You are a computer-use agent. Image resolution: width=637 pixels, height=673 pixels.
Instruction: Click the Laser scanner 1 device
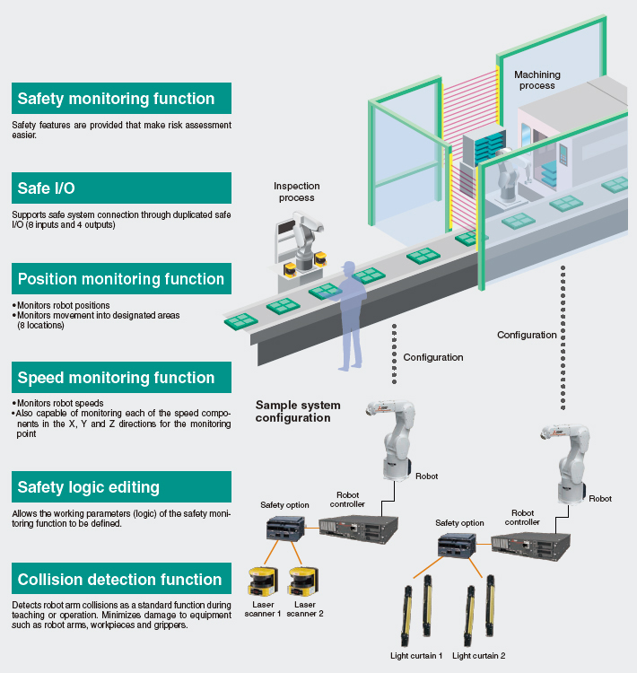[x=265, y=581]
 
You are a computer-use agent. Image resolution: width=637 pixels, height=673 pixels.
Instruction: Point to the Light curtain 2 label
[x=479, y=656]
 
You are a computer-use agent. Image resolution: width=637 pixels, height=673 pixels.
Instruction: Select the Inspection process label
[x=296, y=192]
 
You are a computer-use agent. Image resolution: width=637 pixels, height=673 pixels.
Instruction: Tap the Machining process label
[x=537, y=80]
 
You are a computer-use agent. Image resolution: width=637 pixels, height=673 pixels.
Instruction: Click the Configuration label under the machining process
[x=527, y=335]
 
